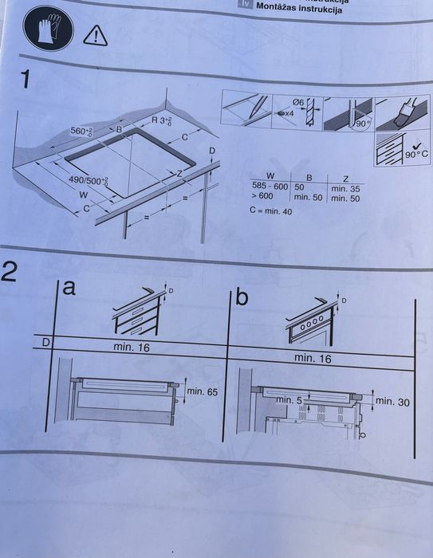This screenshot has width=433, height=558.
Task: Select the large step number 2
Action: (x=11, y=272)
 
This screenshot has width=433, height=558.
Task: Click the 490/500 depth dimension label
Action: (x=88, y=182)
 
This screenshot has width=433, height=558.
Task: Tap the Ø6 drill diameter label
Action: (x=298, y=101)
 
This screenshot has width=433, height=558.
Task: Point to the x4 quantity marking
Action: (x=286, y=115)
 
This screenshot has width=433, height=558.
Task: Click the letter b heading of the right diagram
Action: (x=242, y=297)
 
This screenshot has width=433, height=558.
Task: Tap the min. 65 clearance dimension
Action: (x=202, y=391)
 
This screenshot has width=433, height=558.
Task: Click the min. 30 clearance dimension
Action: (x=392, y=403)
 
